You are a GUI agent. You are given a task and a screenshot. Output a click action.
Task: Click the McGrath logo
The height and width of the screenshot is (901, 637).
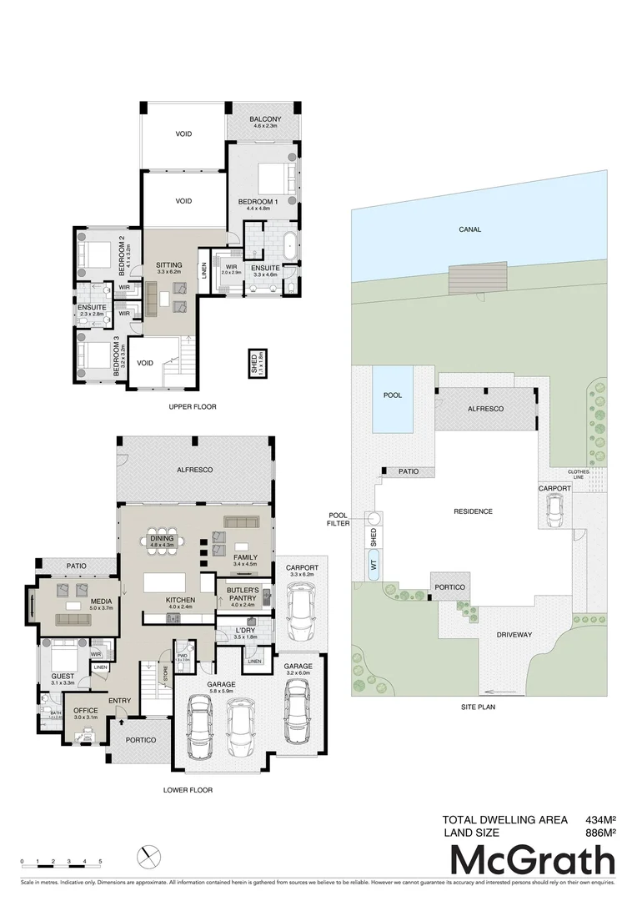[533, 860]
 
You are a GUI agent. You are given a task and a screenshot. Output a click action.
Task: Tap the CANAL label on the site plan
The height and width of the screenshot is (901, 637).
[470, 229]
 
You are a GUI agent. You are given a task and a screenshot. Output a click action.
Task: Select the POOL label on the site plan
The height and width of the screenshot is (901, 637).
[392, 395]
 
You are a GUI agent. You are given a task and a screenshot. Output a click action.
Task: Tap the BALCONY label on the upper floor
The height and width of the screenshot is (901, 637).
[265, 119]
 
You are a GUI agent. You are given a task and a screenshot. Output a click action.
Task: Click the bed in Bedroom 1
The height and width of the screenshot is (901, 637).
[275, 177]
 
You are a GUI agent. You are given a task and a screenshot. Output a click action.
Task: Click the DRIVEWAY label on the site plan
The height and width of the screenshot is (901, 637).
[514, 634]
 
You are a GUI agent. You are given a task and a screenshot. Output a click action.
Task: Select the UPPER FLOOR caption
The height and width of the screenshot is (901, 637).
[192, 407]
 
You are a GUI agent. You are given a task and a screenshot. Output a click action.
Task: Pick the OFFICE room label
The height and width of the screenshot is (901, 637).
[85, 712]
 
